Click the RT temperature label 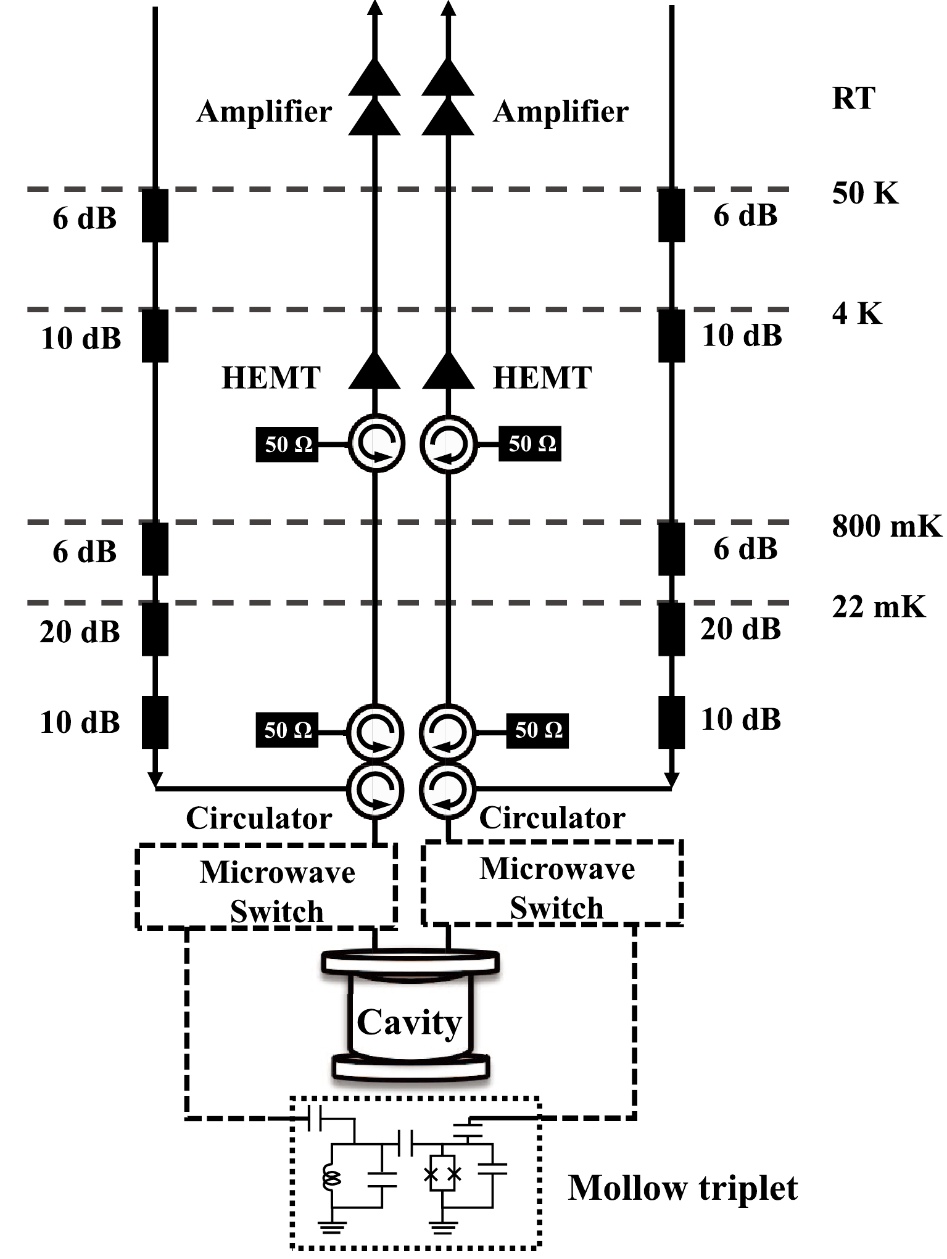[x=853, y=99]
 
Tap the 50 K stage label [x=864, y=193]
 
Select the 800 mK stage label [x=887, y=526]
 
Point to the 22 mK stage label [x=879, y=607]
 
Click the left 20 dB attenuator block [x=155, y=629]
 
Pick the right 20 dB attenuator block [x=671, y=629]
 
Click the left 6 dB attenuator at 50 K [x=155, y=215]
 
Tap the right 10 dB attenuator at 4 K [x=671, y=336]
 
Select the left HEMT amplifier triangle [x=374, y=371]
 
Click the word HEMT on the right [x=542, y=378]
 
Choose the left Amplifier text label [x=264, y=112]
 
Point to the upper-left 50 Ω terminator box [x=287, y=444]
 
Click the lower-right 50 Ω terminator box [x=537, y=730]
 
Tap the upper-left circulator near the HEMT [x=376, y=444]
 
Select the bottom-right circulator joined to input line [x=447, y=790]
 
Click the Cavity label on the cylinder [x=409, y=1023]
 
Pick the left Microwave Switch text [x=277, y=891]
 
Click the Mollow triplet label [x=682, y=1188]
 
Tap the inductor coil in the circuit [x=331, y=1179]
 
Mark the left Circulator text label [x=259, y=819]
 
